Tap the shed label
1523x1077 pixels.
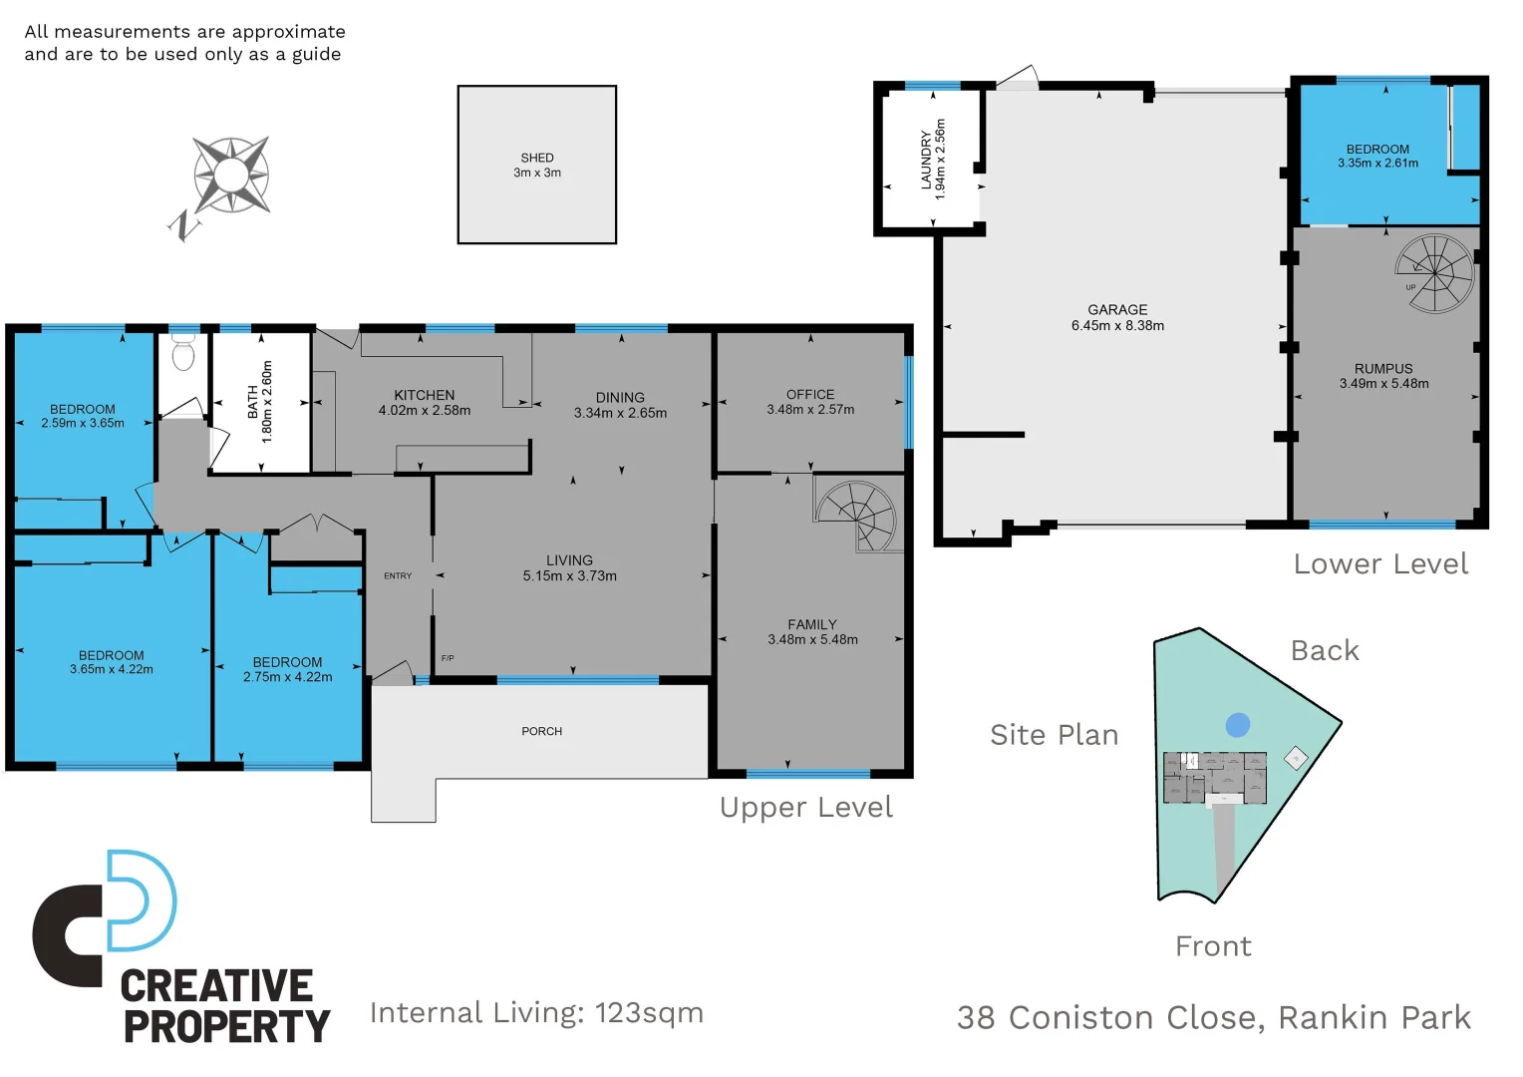pyautogui.click(x=536, y=158)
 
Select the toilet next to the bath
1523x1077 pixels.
pyautogui.click(x=183, y=352)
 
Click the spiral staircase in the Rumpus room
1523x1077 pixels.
pyautogui.click(x=1434, y=271)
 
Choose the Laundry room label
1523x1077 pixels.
pyautogui.click(x=926, y=160)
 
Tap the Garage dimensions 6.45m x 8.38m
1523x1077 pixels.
pyautogui.click(x=1117, y=325)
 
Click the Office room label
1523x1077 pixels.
pyautogui.click(x=810, y=395)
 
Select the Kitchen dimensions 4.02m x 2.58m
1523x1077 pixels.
pyautogui.click(x=425, y=411)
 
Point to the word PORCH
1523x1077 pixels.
pyautogui.click(x=542, y=732)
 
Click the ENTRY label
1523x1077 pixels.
pyautogui.click(x=398, y=576)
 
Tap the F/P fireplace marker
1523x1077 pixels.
pyautogui.click(x=448, y=658)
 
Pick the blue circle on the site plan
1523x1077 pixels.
pyautogui.click(x=1238, y=725)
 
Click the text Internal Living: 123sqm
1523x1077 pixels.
pyautogui.click(x=536, y=1013)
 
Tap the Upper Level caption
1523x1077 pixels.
pyautogui.click(x=805, y=808)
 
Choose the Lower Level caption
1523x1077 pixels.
pyautogui.click(x=1380, y=564)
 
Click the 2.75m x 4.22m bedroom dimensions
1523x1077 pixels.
pyautogui.click(x=288, y=677)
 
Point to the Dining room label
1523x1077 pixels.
pyautogui.click(x=620, y=397)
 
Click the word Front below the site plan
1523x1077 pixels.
pyautogui.click(x=1213, y=946)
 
